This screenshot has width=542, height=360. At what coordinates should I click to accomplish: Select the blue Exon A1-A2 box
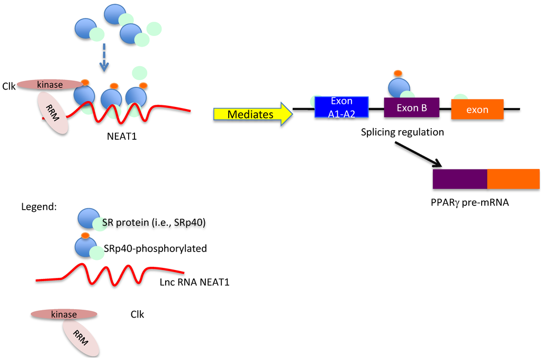coord(341,106)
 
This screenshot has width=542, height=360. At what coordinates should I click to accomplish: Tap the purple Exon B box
coord(411,108)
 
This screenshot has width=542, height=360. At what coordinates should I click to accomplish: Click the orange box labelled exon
coord(477,110)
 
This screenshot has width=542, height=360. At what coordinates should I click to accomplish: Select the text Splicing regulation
coord(402,132)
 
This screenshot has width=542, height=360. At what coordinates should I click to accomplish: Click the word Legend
coord(38,207)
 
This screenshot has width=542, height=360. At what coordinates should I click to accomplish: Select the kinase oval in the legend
coord(64,314)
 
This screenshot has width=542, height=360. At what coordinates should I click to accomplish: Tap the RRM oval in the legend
coord(81,338)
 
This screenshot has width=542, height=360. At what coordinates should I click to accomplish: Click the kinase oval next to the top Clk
coord(50,85)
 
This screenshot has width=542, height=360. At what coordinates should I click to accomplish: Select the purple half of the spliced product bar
coord(459,179)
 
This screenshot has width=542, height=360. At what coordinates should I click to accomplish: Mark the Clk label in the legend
coord(137,314)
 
